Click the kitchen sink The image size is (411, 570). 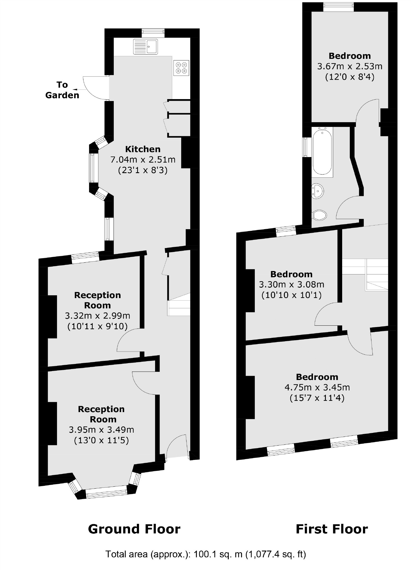click(x=145, y=46)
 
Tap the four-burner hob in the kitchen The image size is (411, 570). click(x=181, y=68)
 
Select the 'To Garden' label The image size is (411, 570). click(x=62, y=90)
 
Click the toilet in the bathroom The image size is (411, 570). click(x=319, y=215)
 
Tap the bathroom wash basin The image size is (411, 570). click(x=317, y=191)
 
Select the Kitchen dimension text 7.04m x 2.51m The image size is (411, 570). click(x=143, y=160)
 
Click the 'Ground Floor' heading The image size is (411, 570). click(x=134, y=529)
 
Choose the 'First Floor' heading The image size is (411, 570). click(x=331, y=529)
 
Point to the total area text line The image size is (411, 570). click(x=205, y=554)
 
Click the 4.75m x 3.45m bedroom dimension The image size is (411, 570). click(x=317, y=388)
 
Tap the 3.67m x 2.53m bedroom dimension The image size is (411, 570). click(x=350, y=66)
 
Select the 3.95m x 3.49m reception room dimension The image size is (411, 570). click(x=101, y=430)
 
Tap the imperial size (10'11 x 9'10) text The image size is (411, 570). click(x=97, y=326)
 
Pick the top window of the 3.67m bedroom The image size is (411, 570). click(x=338, y=7)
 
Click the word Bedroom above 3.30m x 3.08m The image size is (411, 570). click(x=291, y=274)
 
